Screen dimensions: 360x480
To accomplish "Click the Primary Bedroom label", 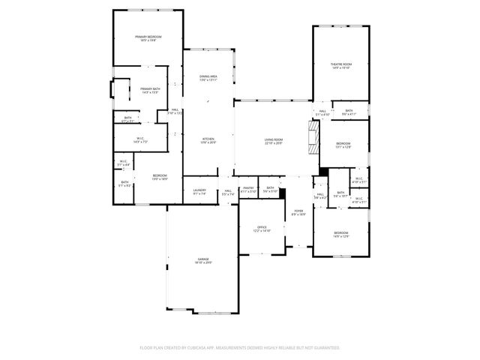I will coord(148,37).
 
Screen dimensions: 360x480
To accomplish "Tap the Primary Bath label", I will coord(150,89).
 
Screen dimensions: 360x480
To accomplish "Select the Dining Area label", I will coord(208,76).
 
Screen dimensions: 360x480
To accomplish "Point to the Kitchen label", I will coord(208,139).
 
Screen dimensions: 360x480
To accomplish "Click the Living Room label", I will coord(273,139).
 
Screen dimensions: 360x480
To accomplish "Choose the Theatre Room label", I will coord(341,64).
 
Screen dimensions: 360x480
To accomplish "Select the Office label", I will coord(261,226).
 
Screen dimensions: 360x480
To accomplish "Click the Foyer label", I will coord(298,211).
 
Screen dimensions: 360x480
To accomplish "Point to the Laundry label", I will coord(199,190).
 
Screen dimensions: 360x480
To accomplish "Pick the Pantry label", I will coord(248,188).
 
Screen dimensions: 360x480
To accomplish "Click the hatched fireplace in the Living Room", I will coord(313,137).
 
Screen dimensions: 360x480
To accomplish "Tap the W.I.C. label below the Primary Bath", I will coord(140,138).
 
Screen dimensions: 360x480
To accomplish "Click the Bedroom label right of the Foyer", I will coord(341,233).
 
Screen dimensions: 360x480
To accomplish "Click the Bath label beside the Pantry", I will coord(270,188).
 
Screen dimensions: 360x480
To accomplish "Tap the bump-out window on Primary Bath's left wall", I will coord(112,90).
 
